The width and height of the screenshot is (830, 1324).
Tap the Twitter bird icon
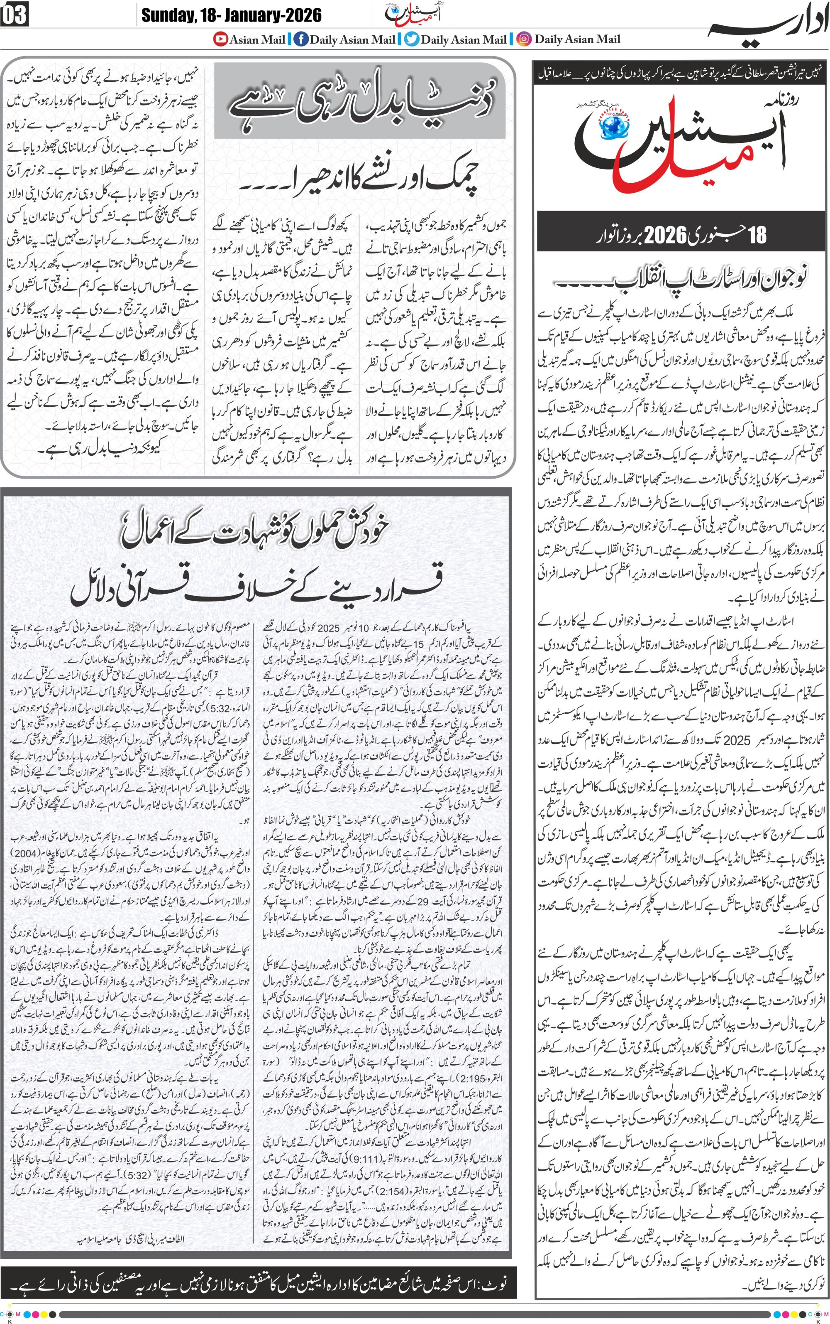pyautogui.click(x=412, y=39)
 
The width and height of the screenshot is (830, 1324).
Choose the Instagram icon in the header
pyautogui.click(x=524, y=39)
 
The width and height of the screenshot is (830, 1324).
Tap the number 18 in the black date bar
pyautogui.click(x=757, y=235)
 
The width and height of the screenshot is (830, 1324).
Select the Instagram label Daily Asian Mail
pyautogui.click(x=578, y=39)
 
